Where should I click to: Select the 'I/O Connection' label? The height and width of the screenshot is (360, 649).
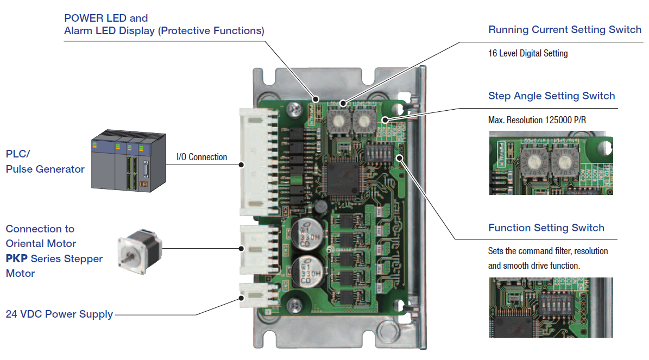[x=201, y=157]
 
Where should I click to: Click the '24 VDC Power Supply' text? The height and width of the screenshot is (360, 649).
[x=59, y=314]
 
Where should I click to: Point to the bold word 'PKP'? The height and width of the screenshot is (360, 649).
[x=17, y=258]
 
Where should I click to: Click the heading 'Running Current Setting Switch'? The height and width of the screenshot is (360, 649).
[x=565, y=30]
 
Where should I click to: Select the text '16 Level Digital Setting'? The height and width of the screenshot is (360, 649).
[x=528, y=53]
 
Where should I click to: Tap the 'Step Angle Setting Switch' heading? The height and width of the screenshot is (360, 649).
[x=551, y=96]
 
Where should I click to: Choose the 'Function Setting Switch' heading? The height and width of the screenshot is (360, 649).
[x=546, y=228]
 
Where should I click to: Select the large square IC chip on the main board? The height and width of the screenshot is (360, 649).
[x=338, y=179]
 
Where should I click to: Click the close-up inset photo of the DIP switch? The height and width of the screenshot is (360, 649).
[x=551, y=307]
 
